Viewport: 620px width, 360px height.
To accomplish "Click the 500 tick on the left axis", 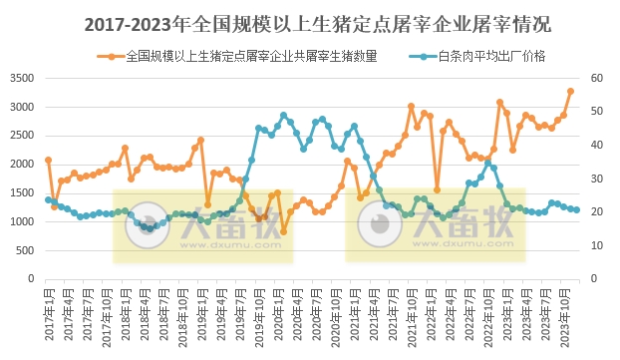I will (25, 250).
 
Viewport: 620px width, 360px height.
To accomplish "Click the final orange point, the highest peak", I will (571, 91).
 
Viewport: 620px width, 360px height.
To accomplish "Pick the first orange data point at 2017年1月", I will (48, 160).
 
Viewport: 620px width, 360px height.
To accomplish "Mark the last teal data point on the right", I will (577, 209).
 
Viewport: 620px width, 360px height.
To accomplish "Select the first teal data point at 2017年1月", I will (48, 199).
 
